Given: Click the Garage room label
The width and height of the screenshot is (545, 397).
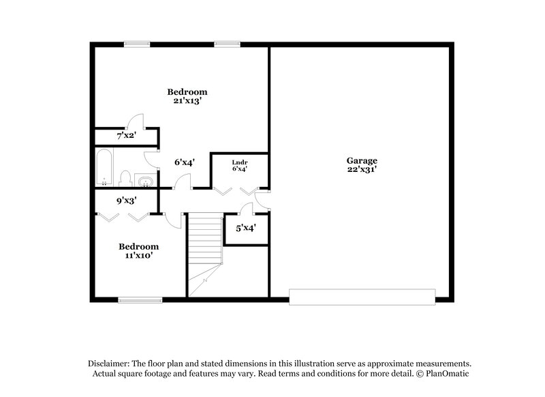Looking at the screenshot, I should click(x=361, y=160).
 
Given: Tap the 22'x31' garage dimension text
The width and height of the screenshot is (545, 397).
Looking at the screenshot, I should click(x=361, y=169).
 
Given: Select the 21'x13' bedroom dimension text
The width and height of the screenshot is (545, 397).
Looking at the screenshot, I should click(x=187, y=101).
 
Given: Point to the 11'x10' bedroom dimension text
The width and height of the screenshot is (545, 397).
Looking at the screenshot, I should click(x=139, y=255).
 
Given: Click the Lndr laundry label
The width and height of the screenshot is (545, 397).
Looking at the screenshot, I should click(x=238, y=162).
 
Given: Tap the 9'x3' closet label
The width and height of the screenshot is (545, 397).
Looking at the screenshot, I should click(x=126, y=201).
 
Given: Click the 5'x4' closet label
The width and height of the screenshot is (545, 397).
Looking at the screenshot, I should click(x=245, y=228).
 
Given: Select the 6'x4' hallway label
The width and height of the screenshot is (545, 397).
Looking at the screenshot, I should click(x=185, y=162).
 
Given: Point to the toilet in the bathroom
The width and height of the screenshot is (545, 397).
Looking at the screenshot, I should click(x=125, y=179).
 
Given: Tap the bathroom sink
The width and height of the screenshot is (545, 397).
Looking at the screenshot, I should click(x=145, y=181).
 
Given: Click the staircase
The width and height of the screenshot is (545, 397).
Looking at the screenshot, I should click(x=205, y=246).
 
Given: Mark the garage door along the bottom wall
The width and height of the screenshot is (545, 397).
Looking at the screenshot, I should click(x=362, y=296).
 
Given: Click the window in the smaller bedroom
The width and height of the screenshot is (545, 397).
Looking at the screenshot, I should click(x=140, y=299).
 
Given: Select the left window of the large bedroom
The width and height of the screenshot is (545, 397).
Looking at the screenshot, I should click(x=137, y=44).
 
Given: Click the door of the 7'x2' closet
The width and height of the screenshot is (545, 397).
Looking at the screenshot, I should click(x=136, y=119).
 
